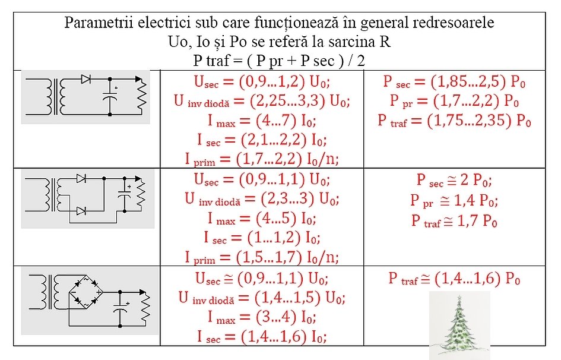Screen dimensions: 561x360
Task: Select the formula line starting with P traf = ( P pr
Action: (279, 61)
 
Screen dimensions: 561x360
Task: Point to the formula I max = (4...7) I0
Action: (262, 121)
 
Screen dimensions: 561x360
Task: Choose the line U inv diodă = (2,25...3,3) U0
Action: (262, 101)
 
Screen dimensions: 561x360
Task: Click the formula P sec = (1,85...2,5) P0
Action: (454, 82)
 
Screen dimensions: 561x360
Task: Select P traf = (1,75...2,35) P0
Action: (454, 121)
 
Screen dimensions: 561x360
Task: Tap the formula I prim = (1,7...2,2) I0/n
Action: (262, 159)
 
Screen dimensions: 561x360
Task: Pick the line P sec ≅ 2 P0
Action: (454, 179)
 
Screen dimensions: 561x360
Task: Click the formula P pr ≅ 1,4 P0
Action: (454, 200)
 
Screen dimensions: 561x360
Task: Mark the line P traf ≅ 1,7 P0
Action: (454, 221)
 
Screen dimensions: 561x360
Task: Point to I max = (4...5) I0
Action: (262, 218)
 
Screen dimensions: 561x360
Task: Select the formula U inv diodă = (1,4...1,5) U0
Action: (262, 298)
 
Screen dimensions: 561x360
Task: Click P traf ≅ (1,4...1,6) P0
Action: (454, 279)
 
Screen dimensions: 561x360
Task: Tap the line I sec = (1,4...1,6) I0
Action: (262, 336)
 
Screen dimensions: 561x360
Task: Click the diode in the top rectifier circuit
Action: (86, 79)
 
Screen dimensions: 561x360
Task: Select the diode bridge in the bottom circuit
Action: (86, 293)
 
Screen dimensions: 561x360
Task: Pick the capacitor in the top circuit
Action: (110, 97)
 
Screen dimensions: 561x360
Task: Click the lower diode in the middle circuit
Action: (81, 211)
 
